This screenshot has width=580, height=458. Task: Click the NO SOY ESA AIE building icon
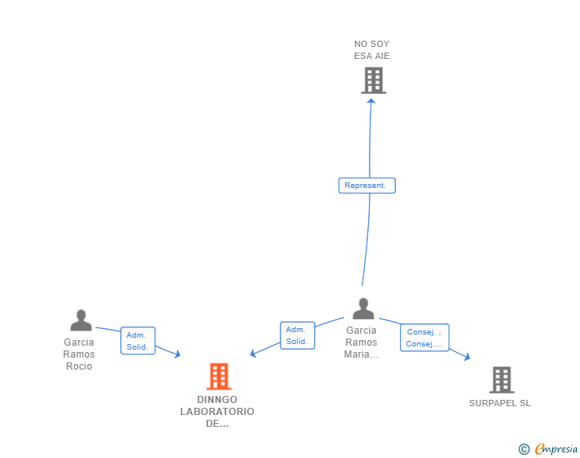[373, 80]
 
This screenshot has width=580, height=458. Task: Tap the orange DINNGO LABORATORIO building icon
[218, 376]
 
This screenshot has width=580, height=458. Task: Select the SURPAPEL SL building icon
[501, 380]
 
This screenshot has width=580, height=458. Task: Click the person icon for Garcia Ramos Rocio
[80, 320]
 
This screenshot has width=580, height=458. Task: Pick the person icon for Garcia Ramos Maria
[363, 308]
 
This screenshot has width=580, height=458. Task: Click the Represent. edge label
[366, 186]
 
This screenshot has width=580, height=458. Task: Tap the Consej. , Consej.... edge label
[424, 338]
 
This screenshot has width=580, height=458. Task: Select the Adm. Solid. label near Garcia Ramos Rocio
[138, 341]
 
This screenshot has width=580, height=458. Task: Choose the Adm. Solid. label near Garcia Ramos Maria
[297, 335]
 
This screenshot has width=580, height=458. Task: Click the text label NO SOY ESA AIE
[372, 50]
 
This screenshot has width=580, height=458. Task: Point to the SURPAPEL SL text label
[500, 403]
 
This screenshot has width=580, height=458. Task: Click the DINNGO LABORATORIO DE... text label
[217, 412]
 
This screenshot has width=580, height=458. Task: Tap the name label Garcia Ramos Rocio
[79, 354]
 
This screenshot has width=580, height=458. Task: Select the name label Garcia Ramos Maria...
[362, 343]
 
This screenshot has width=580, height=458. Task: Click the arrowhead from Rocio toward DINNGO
[177, 354]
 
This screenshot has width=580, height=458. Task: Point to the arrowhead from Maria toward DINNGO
[253, 354]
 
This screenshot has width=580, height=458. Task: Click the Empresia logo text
[556, 448]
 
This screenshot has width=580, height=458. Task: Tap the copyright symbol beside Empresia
[523, 449]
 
